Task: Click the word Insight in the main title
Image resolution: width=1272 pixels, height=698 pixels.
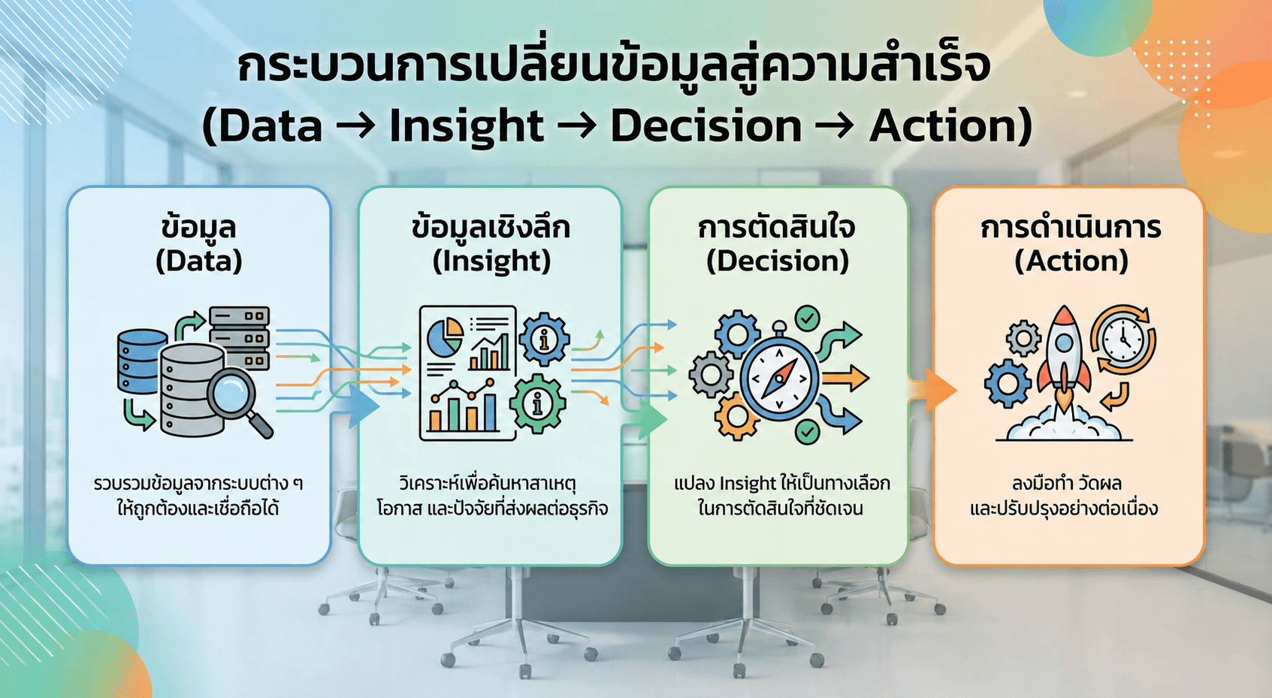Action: [x=467, y=127]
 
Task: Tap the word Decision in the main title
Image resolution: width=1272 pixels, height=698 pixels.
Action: [x=705, y=126]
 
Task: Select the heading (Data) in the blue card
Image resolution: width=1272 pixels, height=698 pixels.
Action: [x=199, y=261]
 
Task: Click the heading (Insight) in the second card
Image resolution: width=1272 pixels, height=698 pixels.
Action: [x=492, y=261]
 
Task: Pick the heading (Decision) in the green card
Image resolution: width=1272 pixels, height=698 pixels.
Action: [x=778, y=261]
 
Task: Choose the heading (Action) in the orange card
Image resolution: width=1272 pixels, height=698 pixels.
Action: [x=1071, y=261]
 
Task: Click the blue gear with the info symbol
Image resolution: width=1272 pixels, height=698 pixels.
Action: [x=545, y=340]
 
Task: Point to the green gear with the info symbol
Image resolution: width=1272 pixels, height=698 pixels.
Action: [x=537, y=403]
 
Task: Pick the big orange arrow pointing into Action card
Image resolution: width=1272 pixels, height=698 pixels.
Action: [x=932, y=390]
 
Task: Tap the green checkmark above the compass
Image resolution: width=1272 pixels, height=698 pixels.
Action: [x=807, y=318]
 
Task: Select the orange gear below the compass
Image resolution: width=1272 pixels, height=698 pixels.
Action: [x=736, y=418]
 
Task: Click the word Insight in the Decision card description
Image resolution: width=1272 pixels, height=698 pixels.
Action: [x=748, y=484]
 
